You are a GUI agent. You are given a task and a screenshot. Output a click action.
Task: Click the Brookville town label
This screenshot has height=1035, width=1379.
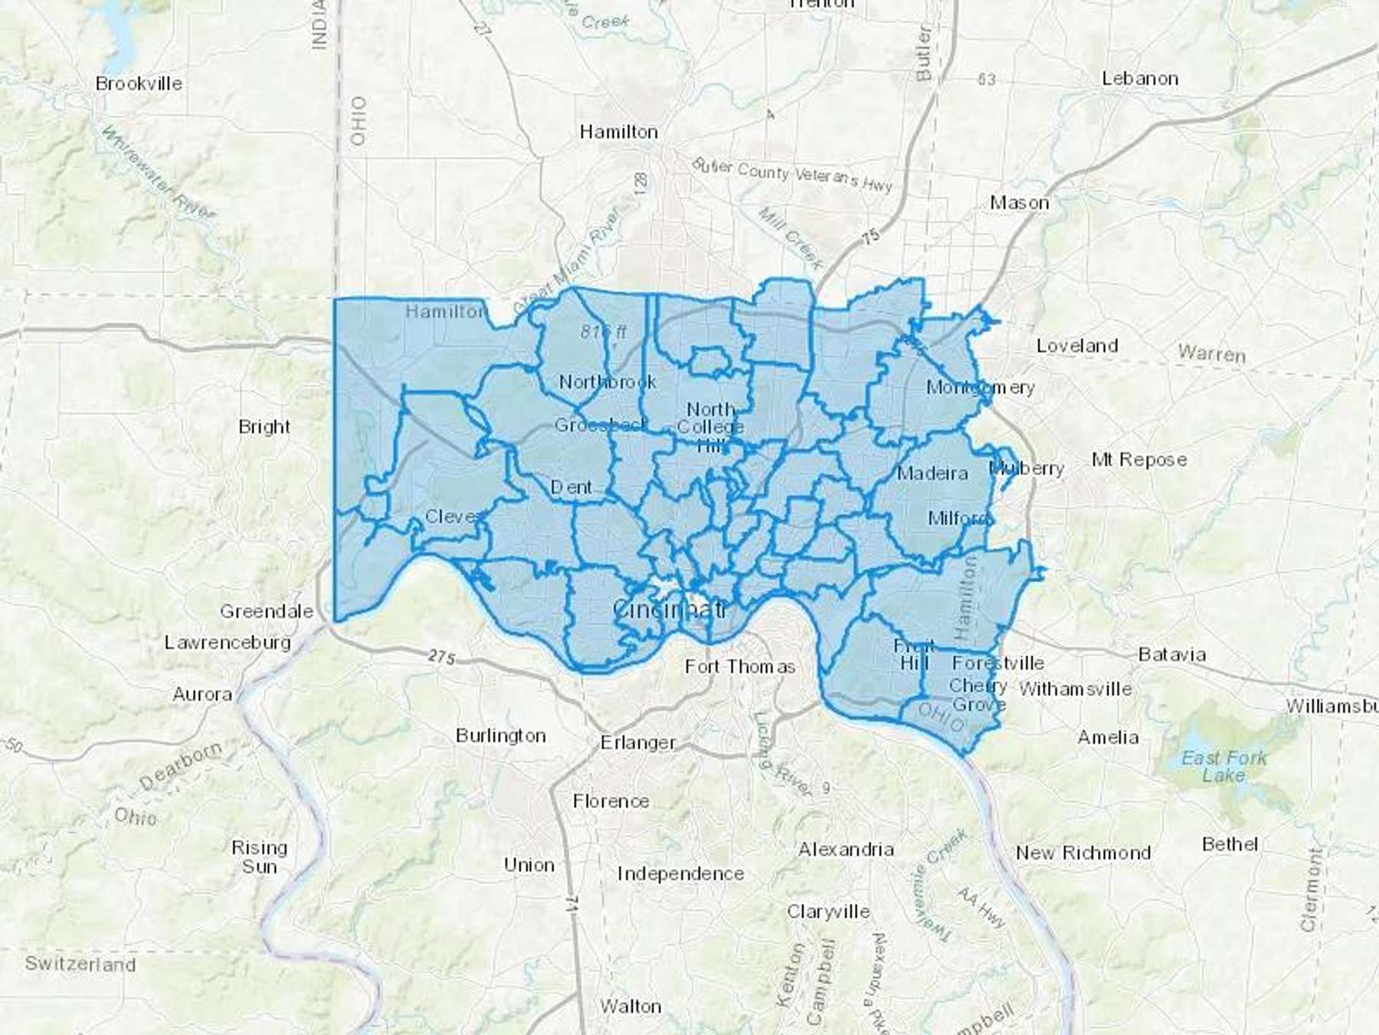(x=139, y=84)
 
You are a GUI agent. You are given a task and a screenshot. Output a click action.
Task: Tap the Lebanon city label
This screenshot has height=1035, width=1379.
(x=1140, y=79)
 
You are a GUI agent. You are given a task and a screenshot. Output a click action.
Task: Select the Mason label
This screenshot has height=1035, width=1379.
(x=1019, y=203)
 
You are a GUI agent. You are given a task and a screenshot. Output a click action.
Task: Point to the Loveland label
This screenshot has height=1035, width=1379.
(x=1076, y=346)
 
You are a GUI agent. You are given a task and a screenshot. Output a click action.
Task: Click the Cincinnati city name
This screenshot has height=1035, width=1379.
(x=670, y=610)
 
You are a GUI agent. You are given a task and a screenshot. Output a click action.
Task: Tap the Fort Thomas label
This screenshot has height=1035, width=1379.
(x=740, y=667)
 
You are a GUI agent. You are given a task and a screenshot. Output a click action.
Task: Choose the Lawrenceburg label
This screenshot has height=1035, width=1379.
(x=228, y=642)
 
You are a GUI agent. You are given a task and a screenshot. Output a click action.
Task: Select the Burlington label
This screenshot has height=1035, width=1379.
(x=500, y=736)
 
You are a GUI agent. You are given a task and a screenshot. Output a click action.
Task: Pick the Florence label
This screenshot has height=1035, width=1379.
(x=611, y=801)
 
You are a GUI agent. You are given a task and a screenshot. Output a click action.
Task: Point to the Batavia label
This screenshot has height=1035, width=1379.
(x=1172, y=655)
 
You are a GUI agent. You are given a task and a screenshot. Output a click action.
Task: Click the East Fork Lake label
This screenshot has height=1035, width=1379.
(x=1223, y=767)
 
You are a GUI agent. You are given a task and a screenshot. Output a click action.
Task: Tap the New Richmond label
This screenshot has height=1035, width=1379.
(x=1083, y=853)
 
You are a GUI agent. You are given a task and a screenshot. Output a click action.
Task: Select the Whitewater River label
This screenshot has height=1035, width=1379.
(x=157, y=175)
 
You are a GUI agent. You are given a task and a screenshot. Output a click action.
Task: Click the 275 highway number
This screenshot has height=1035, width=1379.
(x=442, y=657)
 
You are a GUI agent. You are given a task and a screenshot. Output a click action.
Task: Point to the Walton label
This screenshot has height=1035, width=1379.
(x=630, y=1006)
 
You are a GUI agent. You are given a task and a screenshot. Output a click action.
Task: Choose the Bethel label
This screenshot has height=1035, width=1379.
(x=1230, y=844)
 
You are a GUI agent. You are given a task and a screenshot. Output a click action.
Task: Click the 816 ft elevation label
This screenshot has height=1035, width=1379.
(x=603, y=332)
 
